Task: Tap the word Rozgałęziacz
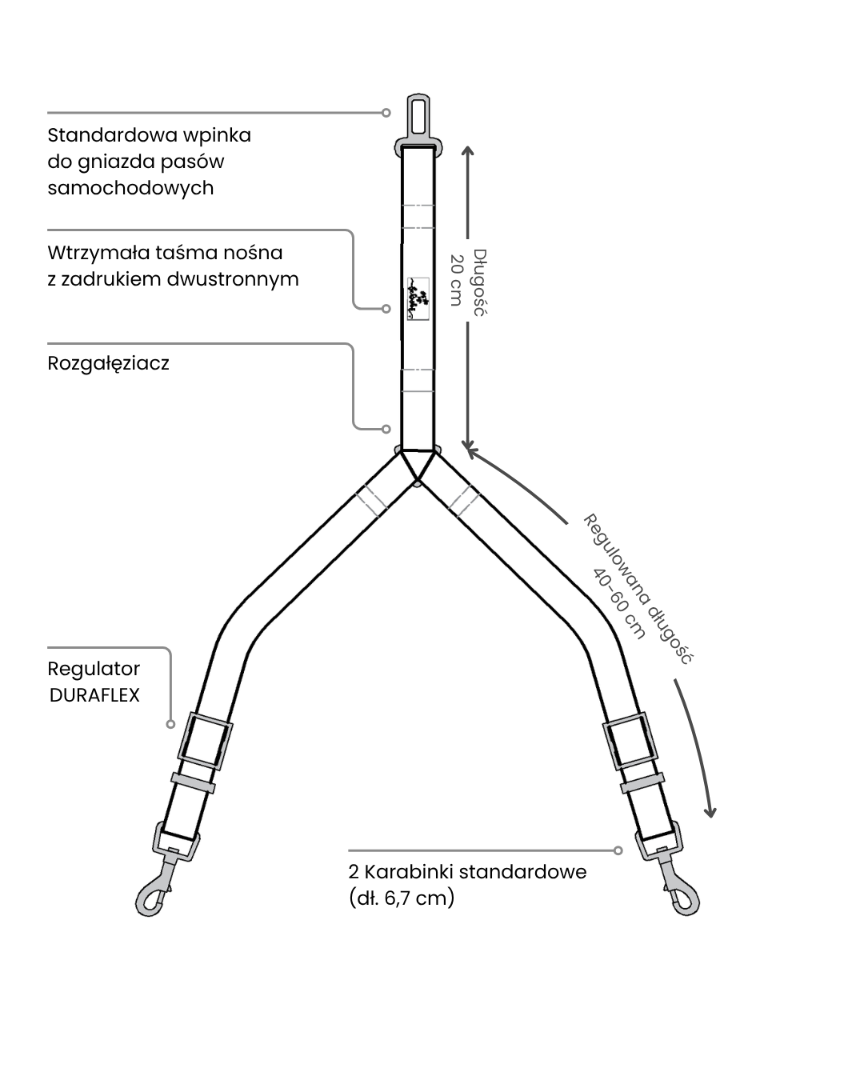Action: [108, 363]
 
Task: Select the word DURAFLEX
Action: [94, 695]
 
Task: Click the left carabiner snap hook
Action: [155, 891]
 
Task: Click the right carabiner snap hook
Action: [679, 891]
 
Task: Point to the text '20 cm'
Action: [456, 280]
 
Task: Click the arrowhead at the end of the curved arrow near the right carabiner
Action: [709, 811]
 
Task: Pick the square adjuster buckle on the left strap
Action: [205, 742]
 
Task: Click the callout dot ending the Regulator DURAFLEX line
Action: [170, 724]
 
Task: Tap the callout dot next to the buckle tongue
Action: [386, 113]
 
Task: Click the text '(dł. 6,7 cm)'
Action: [402, 898]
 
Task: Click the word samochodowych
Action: [130, 188]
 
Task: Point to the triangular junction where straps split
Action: [418, 464]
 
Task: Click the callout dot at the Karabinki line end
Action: [618, 850]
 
